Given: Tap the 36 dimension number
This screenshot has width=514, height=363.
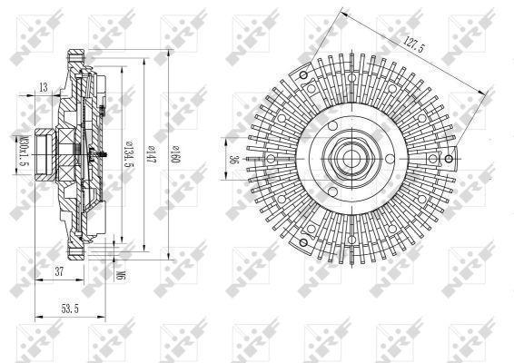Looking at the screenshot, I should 233,162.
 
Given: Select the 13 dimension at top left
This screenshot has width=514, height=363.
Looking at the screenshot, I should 44,87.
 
